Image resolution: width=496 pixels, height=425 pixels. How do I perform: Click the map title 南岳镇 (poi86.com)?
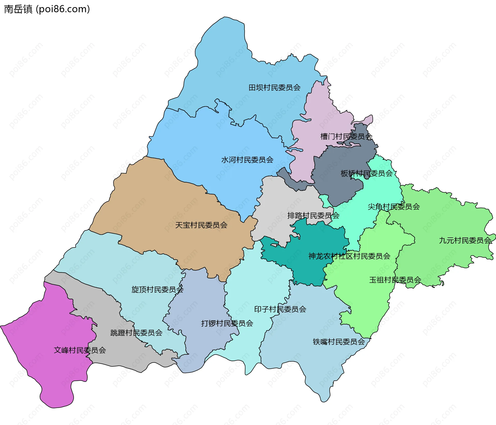[47, 9]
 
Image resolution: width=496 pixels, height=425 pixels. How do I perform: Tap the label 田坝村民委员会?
[274, 88]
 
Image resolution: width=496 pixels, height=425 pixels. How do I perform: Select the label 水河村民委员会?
[247, 160]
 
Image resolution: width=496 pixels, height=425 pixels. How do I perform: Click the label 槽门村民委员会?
[346, 136]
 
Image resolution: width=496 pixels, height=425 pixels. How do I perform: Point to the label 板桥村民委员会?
[366, 173]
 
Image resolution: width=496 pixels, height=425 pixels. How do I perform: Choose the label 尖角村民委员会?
[393, 207]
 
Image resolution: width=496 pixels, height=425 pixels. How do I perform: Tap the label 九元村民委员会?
[465, 241]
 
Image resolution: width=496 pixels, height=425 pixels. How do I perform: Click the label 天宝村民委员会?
[201, 225]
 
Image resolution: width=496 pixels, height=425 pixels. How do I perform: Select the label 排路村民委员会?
[313, 215]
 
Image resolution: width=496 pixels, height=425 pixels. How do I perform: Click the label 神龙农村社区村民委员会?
[349, 256]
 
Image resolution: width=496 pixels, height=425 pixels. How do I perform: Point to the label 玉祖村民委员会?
[395, 280]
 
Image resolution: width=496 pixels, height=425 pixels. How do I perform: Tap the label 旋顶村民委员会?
[157, 290]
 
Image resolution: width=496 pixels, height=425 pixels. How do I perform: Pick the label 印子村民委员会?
[280, 309]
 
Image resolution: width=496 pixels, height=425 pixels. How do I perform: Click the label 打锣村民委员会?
[227, 323]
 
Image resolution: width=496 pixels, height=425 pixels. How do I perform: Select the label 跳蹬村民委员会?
[136, 333]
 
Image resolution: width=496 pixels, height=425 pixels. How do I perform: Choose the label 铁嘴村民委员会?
[339, 342]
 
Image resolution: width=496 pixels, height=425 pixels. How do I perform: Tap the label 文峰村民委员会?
[80, 350]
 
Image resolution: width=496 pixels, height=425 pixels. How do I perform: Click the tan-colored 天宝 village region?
[155, 207]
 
